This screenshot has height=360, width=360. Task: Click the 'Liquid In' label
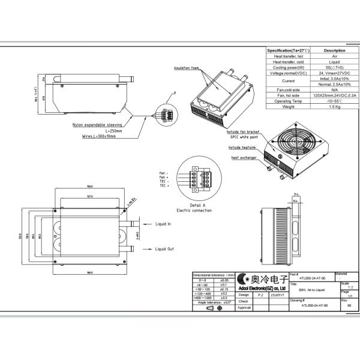163,224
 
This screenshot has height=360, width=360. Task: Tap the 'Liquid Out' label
164,248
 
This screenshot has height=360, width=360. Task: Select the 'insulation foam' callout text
186,68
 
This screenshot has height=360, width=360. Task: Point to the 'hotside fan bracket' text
244,131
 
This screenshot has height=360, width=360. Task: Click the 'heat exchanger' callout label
244,158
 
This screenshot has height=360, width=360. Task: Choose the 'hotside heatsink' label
242,147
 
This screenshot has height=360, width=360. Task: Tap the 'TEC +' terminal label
164,187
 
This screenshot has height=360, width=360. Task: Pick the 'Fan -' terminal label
164,172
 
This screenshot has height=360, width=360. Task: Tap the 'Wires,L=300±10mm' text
99,136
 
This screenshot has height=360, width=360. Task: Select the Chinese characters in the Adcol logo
266,278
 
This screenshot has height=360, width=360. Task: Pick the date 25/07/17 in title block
278,295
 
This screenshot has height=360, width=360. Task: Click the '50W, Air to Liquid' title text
311,290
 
